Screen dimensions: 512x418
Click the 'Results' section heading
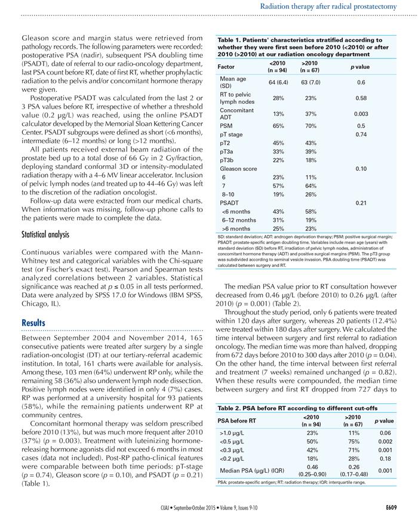click(x=35, y=323)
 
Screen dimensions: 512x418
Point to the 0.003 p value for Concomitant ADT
click(x=361, y=113)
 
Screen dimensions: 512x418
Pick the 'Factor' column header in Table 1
click(x=226, y=66)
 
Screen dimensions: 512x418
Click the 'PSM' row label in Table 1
click(x=226, y=126)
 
